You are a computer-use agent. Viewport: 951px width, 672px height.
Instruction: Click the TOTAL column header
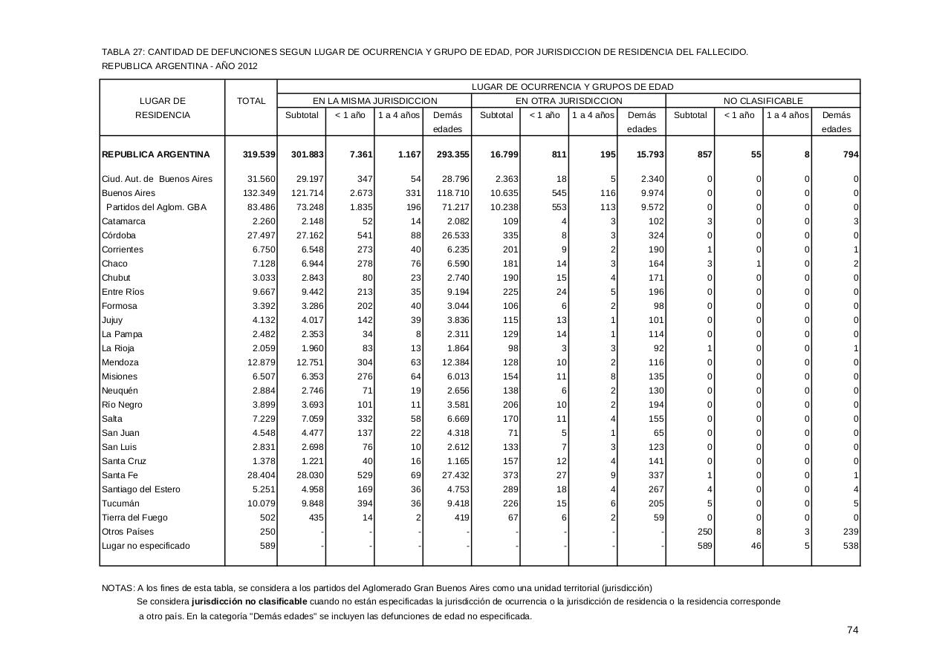[251, 101]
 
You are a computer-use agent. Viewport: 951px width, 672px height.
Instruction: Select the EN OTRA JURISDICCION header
[568, 101]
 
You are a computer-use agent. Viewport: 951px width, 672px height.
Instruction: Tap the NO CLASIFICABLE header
[762, 101]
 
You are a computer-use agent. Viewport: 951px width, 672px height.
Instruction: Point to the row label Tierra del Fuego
[134, 518]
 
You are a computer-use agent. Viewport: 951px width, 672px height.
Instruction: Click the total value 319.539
[259, 154]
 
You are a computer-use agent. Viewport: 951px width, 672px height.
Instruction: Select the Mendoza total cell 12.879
[261, 362]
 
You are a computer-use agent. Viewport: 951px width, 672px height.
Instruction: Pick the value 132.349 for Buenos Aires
[259, 193]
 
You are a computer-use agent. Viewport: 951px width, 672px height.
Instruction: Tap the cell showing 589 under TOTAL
[267, 546]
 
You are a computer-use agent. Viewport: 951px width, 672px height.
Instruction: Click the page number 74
[852, 630]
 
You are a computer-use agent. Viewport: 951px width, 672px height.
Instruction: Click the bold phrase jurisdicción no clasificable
[249, 601]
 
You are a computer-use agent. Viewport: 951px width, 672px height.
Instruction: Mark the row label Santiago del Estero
[140, 489]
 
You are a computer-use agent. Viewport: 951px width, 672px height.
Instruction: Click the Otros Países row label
[127, 532]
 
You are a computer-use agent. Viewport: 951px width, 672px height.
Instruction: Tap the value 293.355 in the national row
[452, 154]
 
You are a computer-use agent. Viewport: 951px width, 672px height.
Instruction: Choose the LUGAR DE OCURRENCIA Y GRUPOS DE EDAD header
[572, 87]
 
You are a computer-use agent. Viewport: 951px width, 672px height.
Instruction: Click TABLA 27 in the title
[123, 52]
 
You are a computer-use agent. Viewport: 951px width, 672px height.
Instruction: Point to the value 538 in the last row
[851, 546]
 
